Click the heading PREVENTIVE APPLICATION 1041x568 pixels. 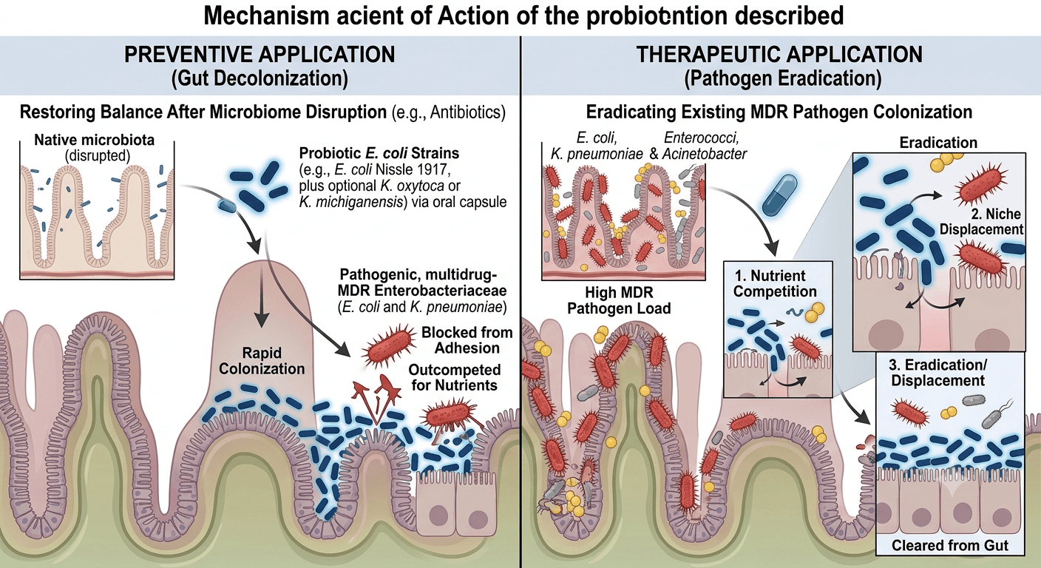coord(260,55)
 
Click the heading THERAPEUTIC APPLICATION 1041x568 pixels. coord(779,55)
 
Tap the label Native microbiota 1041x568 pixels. coord(95,140)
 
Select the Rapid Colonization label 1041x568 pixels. coord(262,361)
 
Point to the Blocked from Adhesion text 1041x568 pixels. coord(467,340)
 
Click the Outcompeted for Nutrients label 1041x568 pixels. coord(455,377)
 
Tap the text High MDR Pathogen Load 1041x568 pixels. coord(619,300)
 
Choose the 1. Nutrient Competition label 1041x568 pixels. coord(775,283)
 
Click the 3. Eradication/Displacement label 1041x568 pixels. coord(937,372)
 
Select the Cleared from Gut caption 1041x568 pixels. coord(950,545)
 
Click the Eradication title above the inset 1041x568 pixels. coord(938,142)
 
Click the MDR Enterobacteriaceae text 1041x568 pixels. coord(422,291)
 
